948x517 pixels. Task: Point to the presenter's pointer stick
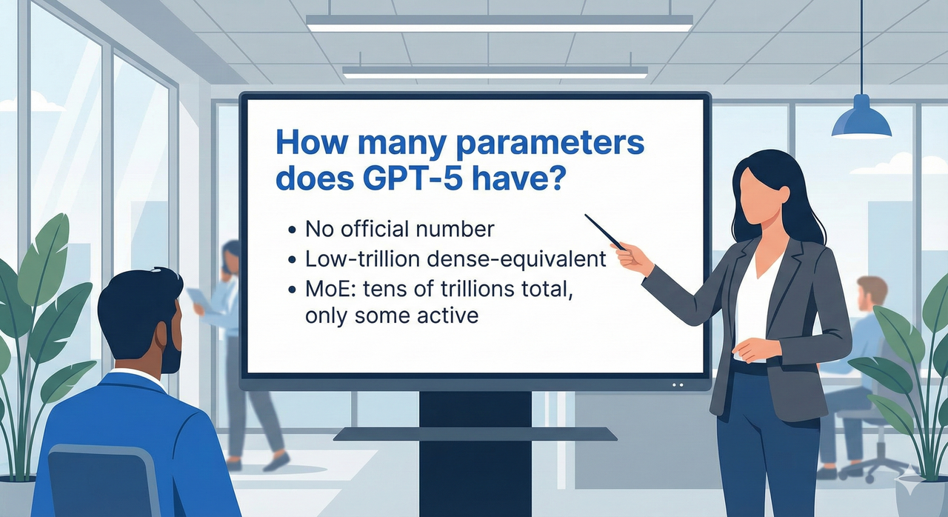(605, 232)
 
